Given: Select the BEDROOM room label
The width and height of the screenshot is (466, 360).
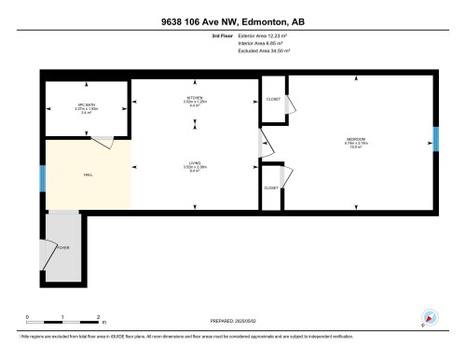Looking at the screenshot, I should point(358,141).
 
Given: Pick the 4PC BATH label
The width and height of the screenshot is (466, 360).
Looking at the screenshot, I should point(86,104).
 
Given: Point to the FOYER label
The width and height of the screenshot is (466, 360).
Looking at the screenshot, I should point(63,247).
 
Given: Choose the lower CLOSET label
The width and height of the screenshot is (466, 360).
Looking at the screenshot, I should point(271,187).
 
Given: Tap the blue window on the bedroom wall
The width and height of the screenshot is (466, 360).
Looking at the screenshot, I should point(435,138).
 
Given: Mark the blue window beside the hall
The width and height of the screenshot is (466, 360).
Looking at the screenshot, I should point(42,177).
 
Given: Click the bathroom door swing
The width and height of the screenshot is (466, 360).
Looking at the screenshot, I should point(103,140).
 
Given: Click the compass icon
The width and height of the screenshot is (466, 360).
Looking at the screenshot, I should point(430,317).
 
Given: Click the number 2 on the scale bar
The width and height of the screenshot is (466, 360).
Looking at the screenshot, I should point(98,316).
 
